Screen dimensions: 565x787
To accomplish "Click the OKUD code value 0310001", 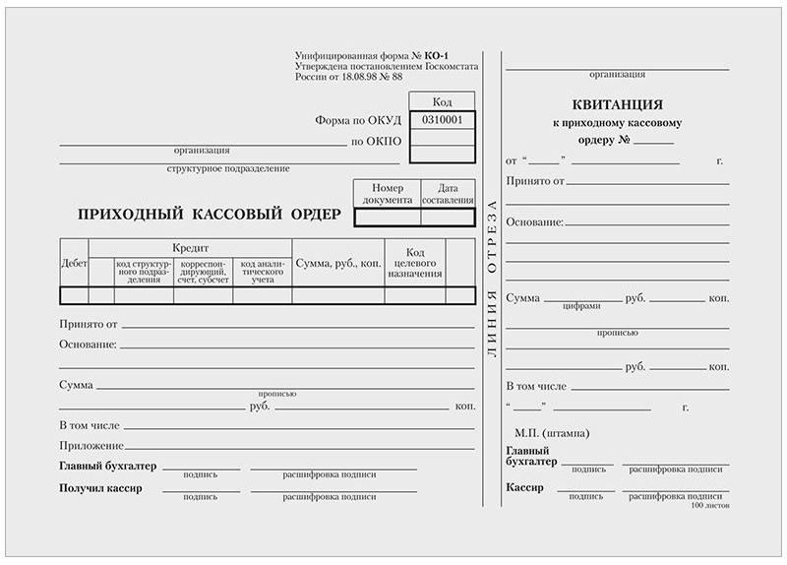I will click(x=442, y=120).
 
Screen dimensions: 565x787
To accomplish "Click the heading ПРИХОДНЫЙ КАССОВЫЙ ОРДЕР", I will click(x=209, y=214).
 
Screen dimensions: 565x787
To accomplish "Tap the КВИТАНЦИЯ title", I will click(x=617, y=104).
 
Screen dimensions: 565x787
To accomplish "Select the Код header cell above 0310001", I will click(x=442, y=101).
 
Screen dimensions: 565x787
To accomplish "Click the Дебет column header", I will click(x=74, y=263).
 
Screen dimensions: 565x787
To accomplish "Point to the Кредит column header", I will click(x=190, y=247).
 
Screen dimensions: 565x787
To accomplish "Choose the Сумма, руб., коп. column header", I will click(x=337, y=263).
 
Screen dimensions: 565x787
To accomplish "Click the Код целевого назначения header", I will click(x=414, y=263).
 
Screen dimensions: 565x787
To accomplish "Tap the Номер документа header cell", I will click(x=387, y=193).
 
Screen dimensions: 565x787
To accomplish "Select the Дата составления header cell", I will click(x=448, y=193).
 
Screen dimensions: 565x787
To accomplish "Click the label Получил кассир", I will click(x=100, y=488).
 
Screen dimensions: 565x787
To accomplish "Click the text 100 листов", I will click(x=710, y=504).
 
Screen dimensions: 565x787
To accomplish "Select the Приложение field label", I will click(x=91, y=445).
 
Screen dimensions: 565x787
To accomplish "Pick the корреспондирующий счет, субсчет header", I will click(x=203, y=271).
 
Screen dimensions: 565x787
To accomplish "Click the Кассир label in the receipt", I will click(x=524, y=487).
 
